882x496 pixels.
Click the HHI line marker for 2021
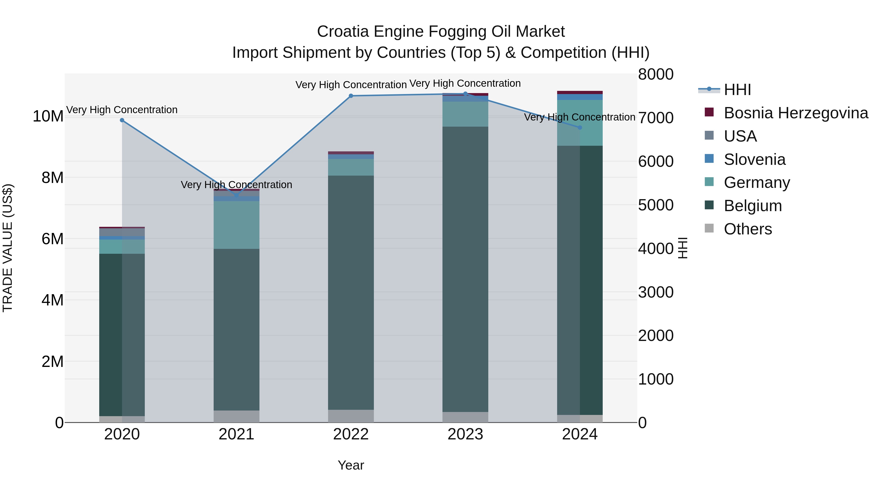point(236,195)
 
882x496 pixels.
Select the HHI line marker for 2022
point(351,96)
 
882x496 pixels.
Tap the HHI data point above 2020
point(122,120)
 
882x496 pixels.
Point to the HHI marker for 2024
point(580,127)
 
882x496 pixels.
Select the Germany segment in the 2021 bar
point(236,225)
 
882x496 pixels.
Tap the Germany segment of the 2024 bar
point(580,122)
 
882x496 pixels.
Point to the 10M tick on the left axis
point(48,116)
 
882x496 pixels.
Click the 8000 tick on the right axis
point(655,74)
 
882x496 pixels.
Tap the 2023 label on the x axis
point(465,434)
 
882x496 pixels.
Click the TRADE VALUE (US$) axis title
point(8,248)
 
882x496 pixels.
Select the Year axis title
point(351,465)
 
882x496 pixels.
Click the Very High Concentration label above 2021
point(236,185)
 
